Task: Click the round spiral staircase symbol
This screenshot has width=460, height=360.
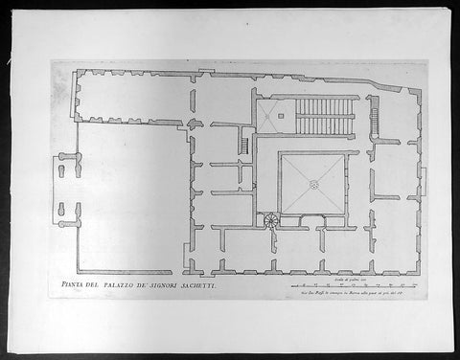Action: point(270,220)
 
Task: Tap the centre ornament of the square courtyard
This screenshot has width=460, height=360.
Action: point(314,184)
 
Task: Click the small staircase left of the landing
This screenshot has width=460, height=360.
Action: point(244,146)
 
